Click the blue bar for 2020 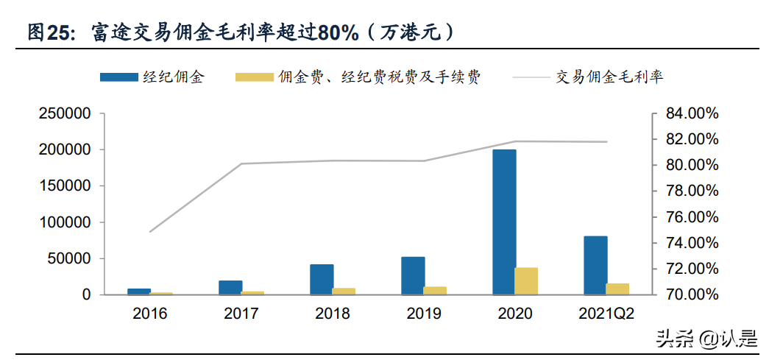point(504,222)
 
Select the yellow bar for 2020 point(526,281)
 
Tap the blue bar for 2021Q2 point(595,265)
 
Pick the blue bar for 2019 point(413,276)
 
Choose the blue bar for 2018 point(322,280)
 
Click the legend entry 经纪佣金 point(173,77)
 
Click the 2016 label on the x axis point(150,314)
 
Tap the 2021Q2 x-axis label point(606,314)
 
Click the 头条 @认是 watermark point(706,339)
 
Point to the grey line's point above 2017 point(241,163)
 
